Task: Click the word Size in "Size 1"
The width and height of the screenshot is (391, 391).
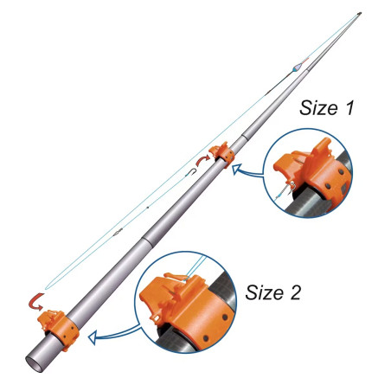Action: click(x=318, y=108)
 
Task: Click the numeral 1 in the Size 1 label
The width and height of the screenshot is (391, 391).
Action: click(x=349, y=108)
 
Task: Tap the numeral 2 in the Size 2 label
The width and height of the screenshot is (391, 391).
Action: click(x=294, y=292)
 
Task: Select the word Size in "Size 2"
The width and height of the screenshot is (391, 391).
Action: click(x=264, y=292)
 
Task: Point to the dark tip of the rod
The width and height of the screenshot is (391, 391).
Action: click(x=359, y=13)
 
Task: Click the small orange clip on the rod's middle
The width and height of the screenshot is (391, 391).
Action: click(x=222, y=155)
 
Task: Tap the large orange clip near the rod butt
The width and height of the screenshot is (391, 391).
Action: click(x=59, y=329)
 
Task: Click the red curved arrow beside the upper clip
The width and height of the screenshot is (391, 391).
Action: click(x=202, y=160)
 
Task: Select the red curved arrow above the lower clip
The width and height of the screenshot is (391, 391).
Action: click(x=36, y=302)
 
